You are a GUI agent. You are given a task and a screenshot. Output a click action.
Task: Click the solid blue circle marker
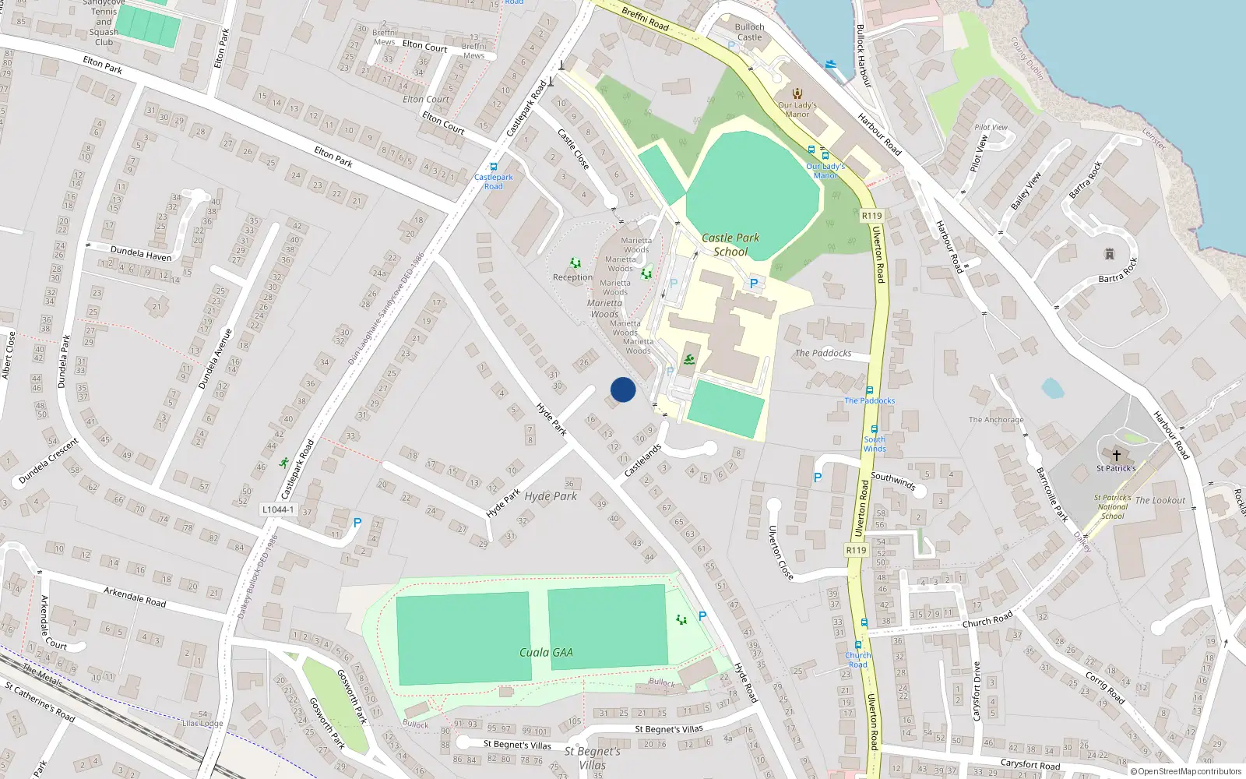pos(623,389)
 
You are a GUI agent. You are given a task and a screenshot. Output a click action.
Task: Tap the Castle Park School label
pos(730,245)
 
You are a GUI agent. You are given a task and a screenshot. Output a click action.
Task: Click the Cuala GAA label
pos(546,653)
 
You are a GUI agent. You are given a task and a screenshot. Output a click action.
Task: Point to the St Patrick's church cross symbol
pos(1116,456)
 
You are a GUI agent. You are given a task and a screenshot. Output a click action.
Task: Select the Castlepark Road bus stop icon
pos(493,167)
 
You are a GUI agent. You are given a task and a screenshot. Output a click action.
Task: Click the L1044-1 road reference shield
pos(278,509)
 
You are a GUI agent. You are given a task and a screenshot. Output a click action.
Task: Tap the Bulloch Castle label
pos(749,32)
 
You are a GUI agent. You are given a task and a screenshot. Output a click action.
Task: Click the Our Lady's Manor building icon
pos(797,93)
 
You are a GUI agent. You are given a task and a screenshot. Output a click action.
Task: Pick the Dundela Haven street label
pos(141,253)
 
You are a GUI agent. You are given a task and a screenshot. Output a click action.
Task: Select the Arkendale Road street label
pos(135,597)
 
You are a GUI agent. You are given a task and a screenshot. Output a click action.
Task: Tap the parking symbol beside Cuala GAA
pos(702,616)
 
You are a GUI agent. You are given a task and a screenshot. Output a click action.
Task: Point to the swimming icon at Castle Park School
pos(689,359)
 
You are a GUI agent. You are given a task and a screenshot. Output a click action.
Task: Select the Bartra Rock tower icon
pos(1109,254)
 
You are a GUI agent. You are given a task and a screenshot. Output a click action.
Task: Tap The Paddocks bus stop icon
pos(870,390)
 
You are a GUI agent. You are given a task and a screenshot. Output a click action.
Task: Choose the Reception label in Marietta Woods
pos(572,277)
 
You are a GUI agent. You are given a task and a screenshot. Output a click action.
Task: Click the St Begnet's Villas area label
pos(593,758)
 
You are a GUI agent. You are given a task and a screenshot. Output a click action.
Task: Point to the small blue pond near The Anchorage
pos(1052,388)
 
